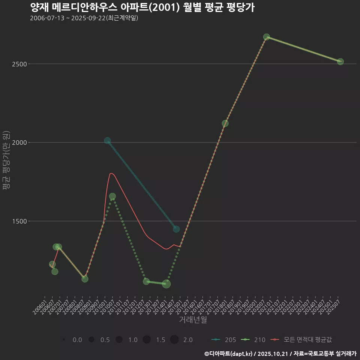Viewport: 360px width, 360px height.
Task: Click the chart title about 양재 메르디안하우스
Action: coord(142,7)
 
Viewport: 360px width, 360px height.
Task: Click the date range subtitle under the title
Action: coord(84,18)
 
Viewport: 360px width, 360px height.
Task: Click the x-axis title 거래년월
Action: coord(193,319)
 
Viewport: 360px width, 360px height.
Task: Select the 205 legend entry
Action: coord(224,340)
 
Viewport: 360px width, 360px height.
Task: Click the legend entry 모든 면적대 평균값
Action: coord(303,340)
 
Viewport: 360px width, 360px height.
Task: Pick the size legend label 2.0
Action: coord(188,340)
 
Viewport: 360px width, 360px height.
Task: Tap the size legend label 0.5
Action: coord(105,340)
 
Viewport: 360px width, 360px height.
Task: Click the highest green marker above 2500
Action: coord(267,37)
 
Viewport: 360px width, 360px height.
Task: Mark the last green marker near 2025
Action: coord(340,61)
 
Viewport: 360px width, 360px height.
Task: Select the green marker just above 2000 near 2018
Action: coord(225,123)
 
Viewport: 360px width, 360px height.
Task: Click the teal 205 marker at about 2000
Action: coord(108,141)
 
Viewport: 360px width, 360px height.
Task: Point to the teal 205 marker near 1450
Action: coord(176,229)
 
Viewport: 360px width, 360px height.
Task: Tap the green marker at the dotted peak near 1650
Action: coord(112,196)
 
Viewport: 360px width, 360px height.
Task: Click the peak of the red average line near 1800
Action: coord(111,173)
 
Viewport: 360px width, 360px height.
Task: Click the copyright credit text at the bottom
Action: coord(280,353)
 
